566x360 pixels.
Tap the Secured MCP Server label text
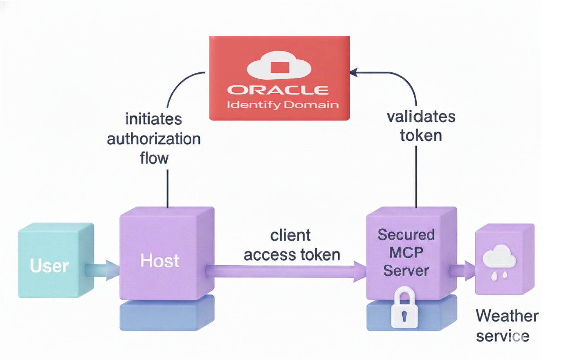406,252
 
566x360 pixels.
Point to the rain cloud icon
499,261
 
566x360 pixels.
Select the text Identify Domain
283,105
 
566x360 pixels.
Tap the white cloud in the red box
279,65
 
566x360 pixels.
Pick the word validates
421,117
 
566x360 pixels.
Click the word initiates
153,119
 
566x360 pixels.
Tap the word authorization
154,139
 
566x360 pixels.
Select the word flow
154,158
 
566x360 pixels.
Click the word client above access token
290,235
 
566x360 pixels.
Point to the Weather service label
506,326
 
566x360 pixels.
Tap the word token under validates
421,135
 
